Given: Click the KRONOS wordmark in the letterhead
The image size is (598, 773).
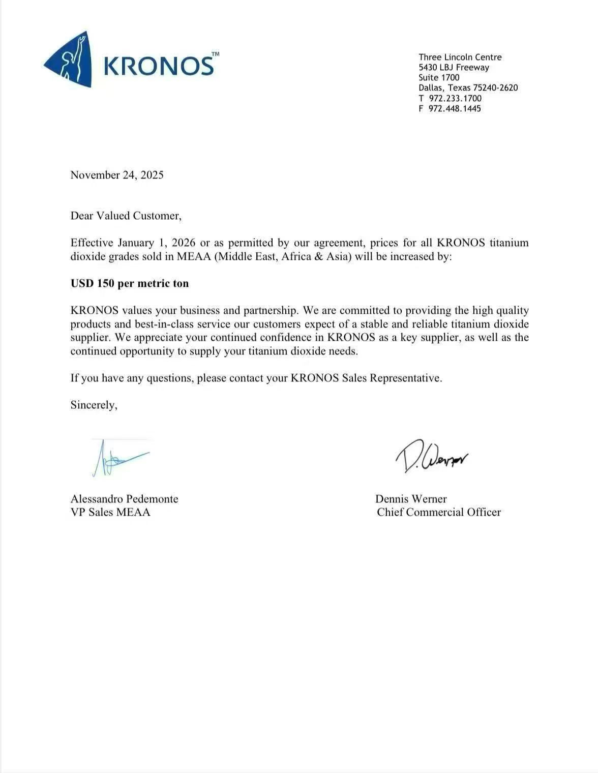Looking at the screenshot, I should pos(159,65).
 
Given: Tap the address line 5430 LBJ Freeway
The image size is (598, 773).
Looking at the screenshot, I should pos(454,67).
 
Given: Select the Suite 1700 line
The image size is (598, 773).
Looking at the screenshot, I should pos(439,77).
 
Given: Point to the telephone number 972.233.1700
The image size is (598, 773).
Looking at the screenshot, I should pos(455,98).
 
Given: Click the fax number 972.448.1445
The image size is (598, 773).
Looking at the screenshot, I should pos(455,108).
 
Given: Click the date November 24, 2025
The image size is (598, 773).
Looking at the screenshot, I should pos(117,175).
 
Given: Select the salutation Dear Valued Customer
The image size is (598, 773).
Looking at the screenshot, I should pos(126,216).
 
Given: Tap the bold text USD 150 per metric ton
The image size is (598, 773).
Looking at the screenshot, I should pos(130,283).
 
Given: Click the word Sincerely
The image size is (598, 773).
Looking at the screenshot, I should pos(94,405).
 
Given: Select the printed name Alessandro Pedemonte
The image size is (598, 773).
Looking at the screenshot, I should pos(124,499).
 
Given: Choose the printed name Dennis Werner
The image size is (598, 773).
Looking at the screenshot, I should pos(411,499).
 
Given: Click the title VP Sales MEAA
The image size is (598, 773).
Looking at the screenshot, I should pos(110,512).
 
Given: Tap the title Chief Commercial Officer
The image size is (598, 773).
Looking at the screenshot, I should pos(439,512).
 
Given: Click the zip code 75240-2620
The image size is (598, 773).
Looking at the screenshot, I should pos(495,87).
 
